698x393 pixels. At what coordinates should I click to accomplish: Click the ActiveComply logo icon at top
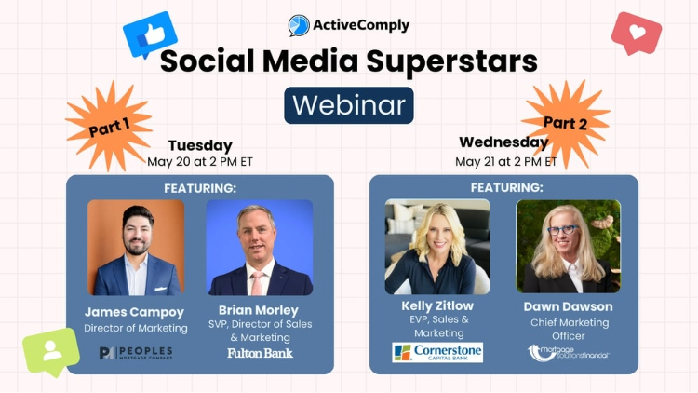pyautogui.click(x=299, y=25)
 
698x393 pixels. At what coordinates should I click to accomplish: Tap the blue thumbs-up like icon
pyautogui.click(x=150, y=35)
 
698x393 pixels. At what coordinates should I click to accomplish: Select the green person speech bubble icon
pyautogui.click(x=50, y=352)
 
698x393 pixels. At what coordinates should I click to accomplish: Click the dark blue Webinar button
pyautogui.click(x=349, y=104)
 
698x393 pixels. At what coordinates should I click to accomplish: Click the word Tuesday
pyautogui.click(x=200, y=145)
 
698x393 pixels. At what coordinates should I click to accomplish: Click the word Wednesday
pyautogui.click(x=503, y=142)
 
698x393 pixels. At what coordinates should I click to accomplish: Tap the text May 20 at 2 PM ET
pyautogui.click(x=200, y=161)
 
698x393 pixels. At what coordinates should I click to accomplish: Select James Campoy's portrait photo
pyautogui.click(x=136, y=247)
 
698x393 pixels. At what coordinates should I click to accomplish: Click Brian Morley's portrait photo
pyautogui.click(x=260, y=247)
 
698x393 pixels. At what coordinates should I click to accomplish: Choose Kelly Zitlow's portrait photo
pyautogui.click(x=437, y=247)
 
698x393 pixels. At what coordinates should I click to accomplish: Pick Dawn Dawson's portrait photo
pyautogui.click(x=568, y=247)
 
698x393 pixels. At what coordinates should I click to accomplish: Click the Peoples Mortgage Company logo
pyautogui.click(x=136, y=351)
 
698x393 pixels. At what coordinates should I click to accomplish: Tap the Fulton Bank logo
pyautogui.click(x=260, y=353)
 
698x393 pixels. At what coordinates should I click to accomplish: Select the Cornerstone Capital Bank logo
pyautogui.click(x=437, y=353)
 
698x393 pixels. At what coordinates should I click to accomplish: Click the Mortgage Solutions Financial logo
pyautogui.click(x=568, y=352)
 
